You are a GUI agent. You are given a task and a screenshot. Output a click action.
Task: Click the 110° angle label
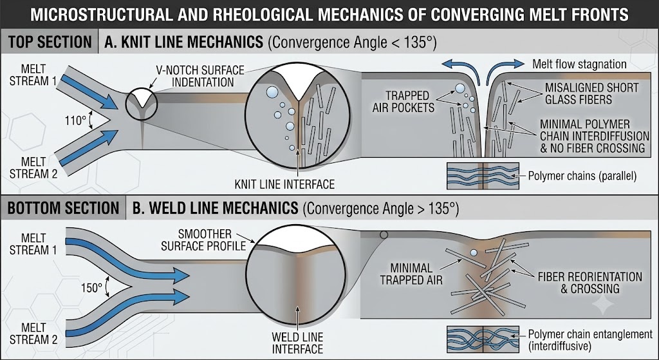[75, 121]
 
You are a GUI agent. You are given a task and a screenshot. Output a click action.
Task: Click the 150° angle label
[91, 288]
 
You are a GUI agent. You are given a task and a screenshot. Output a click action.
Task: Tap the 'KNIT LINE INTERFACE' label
[284, 184]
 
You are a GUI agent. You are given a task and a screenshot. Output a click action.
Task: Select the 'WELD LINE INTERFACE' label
[297, 343]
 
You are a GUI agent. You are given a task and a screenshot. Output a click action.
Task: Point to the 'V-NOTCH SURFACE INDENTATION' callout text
[201, 76]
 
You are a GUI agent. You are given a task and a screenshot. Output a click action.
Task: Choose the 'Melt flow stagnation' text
[579, 64]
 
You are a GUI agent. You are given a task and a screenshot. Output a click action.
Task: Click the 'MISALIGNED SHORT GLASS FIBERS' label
[591, 93]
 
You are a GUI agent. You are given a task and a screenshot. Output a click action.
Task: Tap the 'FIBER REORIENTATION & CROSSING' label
[589, 283]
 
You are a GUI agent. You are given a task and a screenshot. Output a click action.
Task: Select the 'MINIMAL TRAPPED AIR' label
[411, 274]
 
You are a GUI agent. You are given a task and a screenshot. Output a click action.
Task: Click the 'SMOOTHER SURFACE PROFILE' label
[204, 240]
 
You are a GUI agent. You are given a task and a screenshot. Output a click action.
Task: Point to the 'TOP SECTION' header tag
[50, 42]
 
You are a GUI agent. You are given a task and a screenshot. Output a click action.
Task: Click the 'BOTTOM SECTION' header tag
[64, 208]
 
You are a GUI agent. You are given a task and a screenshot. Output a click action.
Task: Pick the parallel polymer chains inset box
[483, 176]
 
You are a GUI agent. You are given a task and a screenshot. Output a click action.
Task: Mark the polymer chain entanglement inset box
[483, 339]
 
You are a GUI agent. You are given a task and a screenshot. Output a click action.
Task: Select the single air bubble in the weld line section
[474, 252]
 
